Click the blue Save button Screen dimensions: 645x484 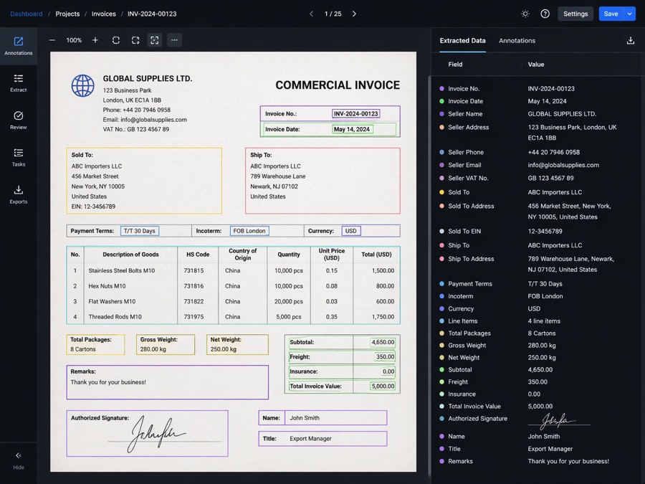[x=611, y=14]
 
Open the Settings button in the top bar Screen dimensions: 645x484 [x=575, y=14]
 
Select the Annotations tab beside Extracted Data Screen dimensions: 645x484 [x=517, y=40]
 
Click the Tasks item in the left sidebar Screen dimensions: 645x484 [x=19, y=158]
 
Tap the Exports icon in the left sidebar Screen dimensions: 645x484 [x=19, y=190]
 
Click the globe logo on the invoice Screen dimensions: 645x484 [x=82, y=85]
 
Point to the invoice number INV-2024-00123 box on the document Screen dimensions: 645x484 [x=355, y=113]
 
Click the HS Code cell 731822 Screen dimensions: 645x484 [x=193, y=301]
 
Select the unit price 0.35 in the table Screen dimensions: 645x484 [x=332, y=316]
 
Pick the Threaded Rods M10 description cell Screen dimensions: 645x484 [x=115, y=316]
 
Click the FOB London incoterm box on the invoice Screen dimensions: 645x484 [x=249, y=231]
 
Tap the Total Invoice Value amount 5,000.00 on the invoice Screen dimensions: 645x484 [x=383, y=386]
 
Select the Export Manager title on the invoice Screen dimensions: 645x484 [x=310, y=438]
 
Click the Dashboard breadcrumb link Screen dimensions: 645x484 [x=27, y=14]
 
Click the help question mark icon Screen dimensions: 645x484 [x=545, y=14]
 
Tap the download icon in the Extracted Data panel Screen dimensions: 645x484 [x=630, y=40]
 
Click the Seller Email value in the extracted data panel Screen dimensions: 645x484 [x=563, y=165]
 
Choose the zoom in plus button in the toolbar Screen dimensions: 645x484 [x=95, y=40]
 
